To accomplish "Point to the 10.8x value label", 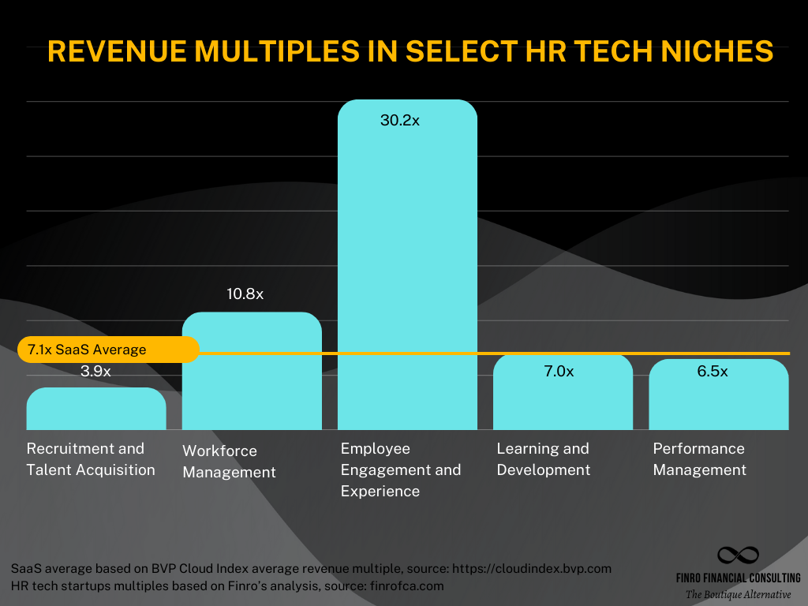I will click(245, 294).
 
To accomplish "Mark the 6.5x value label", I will click(713, 372).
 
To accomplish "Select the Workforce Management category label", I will click(229, 462).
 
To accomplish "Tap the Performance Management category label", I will click(699, 459).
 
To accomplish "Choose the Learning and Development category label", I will click(543, 459).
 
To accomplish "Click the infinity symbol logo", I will click(738, 555).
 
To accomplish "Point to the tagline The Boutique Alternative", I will click(738, 594).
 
